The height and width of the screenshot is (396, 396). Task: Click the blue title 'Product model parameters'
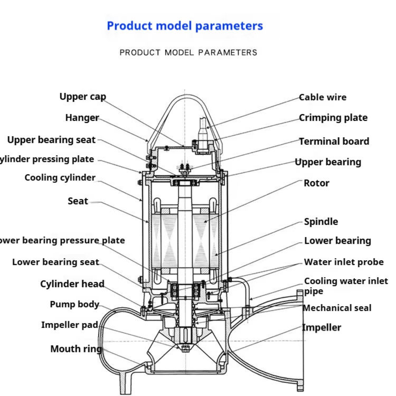tap(185, 26)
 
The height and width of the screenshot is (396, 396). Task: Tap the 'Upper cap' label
tap(82, 97)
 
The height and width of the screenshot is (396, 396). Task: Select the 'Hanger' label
tap(82, 118)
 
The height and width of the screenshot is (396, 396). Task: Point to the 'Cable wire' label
tap(322, 97)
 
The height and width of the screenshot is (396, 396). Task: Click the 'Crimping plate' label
tap(333, 118)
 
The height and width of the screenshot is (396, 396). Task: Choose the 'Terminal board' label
tap(334, 141)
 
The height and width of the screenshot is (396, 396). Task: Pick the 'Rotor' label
tap(316, 183)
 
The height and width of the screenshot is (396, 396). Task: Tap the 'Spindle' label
tap(321, 221)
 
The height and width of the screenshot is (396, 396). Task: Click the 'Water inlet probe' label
tap(344, 262)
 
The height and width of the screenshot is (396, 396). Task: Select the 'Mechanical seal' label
tap(337, 308)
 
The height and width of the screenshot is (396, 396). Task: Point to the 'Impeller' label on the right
tap(322, 328)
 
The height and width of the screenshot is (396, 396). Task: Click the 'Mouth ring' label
tap(76, 349)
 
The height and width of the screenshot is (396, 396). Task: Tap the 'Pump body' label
tap(74, 304)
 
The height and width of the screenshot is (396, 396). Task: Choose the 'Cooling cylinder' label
tap(60, 178)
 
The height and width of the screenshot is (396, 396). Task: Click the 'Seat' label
tap(78, 201)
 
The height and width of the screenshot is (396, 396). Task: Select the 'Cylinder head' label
tap(72, 284)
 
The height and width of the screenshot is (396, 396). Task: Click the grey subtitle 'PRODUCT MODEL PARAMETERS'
tap(188, 52)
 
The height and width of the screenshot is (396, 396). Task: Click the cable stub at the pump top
tap(203, 127)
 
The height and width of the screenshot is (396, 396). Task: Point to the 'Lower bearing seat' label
tap(55, 262)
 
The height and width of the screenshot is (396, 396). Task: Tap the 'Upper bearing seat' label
tap(51, 140)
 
